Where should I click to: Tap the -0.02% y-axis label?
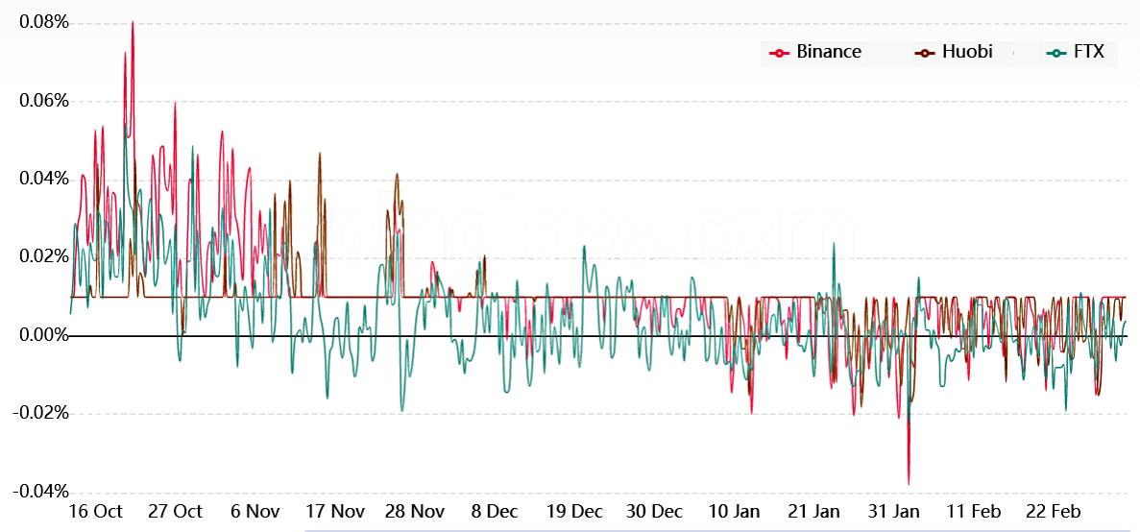[38, 413]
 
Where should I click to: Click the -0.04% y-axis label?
[38, 492]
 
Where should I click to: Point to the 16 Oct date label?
[94, 511]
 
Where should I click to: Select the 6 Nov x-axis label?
[255, 511]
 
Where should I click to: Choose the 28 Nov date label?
[415, 511]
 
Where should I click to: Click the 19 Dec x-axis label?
[573, 511]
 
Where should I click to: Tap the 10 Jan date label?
[734, 511]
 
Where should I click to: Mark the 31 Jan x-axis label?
[894, 511]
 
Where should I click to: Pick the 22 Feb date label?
[1054, 511]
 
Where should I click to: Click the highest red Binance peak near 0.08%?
[133, 22]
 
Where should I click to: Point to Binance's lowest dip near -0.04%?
[908, 483]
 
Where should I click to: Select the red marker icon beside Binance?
[779, 52]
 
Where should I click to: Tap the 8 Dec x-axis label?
[494, 511]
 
